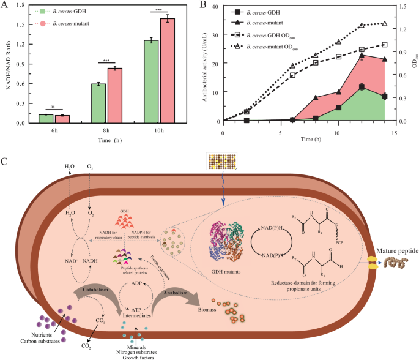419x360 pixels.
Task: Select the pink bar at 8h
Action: pyautogui.click(x=115, y=95)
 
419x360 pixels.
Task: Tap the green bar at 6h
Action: pyautogui.click(x=46, y=118)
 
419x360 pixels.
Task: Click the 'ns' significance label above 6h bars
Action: pyautogui.click(x=53, y=106)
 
